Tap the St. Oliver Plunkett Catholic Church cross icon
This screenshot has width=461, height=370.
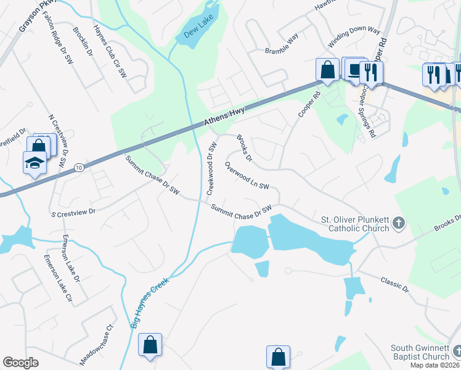point(399,223)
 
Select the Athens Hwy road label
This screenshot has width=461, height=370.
point(225,117)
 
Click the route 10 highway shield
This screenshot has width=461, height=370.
point(79,168)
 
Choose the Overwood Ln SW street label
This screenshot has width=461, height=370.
point(247,176)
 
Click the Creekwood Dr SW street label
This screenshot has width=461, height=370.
point(211,168)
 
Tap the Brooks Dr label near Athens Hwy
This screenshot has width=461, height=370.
point(245,149)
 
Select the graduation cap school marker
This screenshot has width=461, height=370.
point(35,162)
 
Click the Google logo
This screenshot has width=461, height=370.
point(20,362)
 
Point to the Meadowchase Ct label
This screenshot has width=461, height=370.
point(97,345)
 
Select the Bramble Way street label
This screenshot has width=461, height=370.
point(281,51)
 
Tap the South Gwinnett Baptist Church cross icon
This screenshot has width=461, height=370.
point(457,351)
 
